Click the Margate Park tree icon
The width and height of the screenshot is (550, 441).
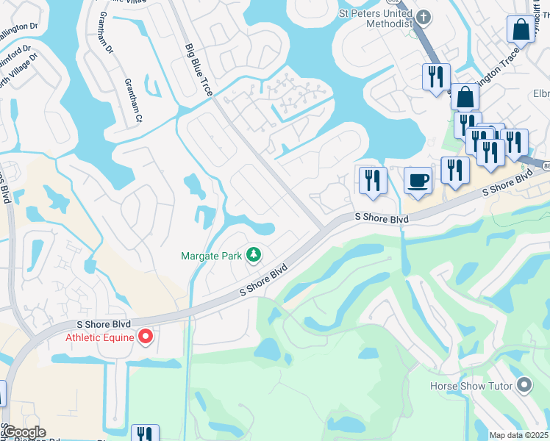pyautogui.click(x=254, y=254)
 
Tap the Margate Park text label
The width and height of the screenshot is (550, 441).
pyautogui.click(x=213, y=257)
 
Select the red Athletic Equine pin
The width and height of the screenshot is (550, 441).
pyautogui.click(x=146, y=337)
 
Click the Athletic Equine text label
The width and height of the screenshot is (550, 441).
pyautogui.click(x=100, y=337)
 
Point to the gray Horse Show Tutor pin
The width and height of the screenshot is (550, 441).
pyautogui.click(x=524, y=384)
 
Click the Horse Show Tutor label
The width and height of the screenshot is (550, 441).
pyautogui.click(x=471, y=386)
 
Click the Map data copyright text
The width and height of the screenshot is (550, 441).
pyautogui.click(x=518, y=435)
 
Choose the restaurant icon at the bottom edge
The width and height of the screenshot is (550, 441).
pyautogui.click(x=144, y=434)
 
